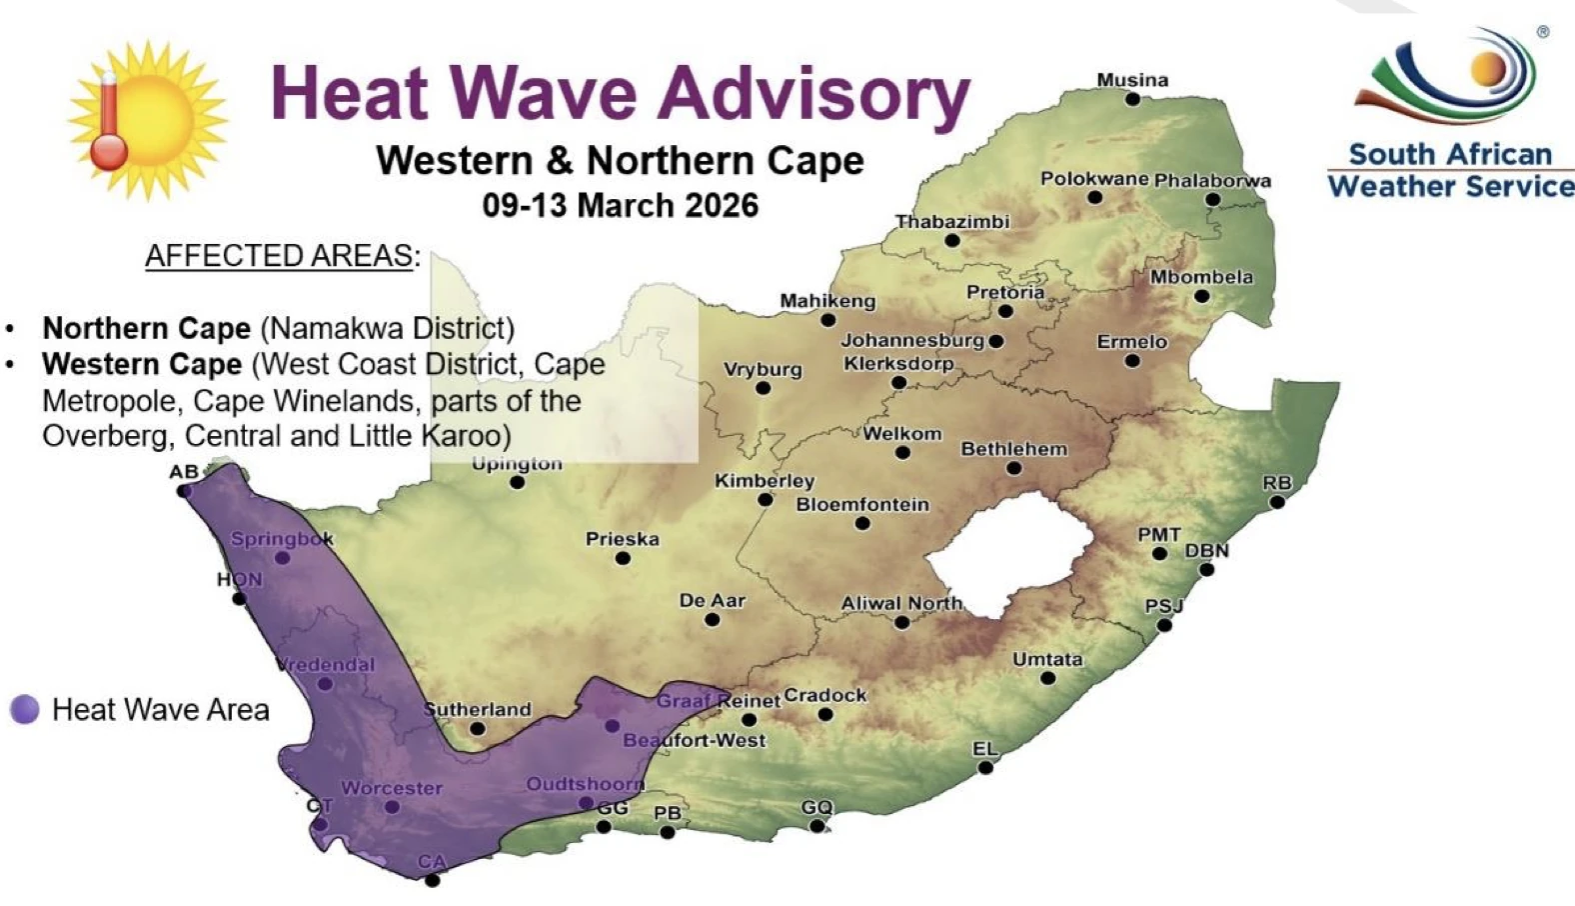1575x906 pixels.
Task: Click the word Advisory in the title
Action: coord(813,94)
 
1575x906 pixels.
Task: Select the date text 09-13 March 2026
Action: coord(620,206)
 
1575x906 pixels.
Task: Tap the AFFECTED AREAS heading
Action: coord(279,256)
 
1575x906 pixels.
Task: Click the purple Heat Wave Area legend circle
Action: coord(25,710)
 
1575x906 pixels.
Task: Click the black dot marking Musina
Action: coord(1132,99)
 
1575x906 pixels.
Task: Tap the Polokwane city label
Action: coord(1094,179)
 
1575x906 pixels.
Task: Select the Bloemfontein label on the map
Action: coord(862,505)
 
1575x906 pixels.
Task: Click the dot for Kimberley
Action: coord(765,499)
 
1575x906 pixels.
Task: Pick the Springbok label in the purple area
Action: coord(281,539)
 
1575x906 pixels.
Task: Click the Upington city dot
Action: coord(517,482)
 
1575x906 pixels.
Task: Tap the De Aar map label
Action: coord(712,601)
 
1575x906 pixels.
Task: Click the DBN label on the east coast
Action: coord(1206,551)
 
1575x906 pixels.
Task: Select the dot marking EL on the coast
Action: coord(985,767)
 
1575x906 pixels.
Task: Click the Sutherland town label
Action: coord(478,710)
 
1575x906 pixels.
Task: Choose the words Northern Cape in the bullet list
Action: coord(146,329)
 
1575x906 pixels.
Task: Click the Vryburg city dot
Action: coord(764,388)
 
